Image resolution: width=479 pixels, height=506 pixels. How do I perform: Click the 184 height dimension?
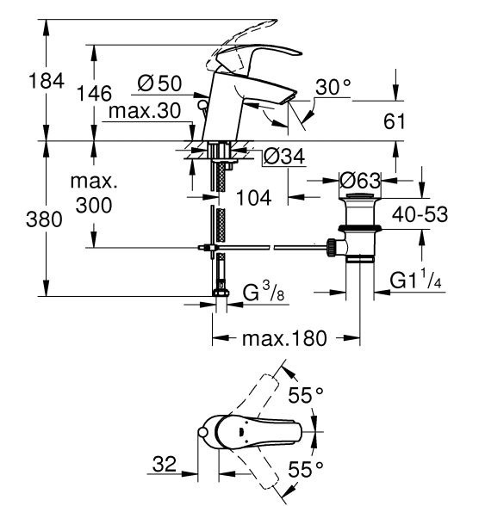(47, 81)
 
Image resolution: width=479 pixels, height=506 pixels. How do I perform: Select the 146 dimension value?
(94, 94)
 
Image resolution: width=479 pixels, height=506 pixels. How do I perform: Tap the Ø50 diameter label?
(159, 83)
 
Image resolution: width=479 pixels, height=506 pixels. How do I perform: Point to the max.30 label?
(145, 111)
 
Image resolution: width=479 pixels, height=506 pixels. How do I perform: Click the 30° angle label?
(333, 87)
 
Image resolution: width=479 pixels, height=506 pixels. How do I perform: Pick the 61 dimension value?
(394, 121)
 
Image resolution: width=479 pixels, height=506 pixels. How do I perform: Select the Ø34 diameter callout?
(284, 157)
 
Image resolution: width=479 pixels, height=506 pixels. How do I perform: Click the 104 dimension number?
(254, 198)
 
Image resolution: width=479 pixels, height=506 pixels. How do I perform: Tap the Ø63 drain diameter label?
(360, 181)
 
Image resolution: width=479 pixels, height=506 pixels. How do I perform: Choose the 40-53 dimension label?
(420, 214)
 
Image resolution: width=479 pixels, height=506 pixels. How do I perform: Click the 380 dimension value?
(44, 219)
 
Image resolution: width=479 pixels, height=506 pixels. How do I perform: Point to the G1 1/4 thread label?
(416, 280)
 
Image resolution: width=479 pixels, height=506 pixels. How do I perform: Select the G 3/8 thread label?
(264, 292)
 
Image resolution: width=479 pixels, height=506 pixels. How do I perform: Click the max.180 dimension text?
(284, 338)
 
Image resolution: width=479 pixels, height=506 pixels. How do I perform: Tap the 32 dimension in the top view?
(165, 464)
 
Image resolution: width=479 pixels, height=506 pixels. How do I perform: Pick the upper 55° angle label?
(306, 395)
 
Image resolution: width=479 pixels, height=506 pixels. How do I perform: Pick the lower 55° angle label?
(306, 469)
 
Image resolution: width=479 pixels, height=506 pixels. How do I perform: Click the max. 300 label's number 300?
(94, 205)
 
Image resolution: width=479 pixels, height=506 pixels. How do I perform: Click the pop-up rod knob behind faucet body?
(203, 105)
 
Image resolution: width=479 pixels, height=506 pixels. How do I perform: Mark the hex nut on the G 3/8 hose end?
(221, 293)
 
